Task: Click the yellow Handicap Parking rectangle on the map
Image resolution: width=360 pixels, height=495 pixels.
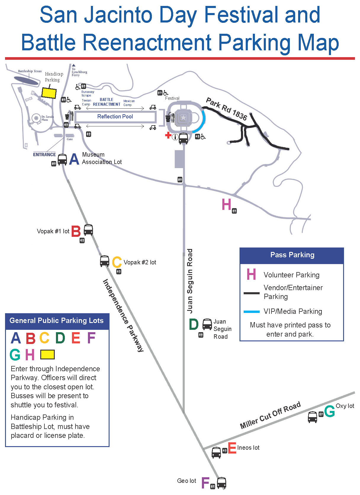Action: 49,93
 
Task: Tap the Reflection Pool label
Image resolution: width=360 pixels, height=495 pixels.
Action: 115,117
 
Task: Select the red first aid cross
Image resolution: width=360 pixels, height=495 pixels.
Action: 168,135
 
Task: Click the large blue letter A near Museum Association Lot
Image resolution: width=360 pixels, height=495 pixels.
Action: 74,159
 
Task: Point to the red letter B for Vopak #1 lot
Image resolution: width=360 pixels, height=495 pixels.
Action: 76,232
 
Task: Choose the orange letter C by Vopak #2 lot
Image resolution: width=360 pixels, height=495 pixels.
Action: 117,262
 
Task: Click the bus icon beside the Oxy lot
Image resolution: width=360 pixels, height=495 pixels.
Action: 312,417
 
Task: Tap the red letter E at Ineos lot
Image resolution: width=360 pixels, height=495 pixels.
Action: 232,448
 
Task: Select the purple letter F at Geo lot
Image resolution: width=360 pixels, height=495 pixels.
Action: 205,483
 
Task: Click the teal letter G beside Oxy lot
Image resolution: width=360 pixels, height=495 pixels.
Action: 330,411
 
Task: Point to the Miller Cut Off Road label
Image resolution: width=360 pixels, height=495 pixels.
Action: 270,415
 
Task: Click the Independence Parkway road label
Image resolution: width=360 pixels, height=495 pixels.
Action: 123,315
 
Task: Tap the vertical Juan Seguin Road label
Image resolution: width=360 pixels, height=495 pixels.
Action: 190,281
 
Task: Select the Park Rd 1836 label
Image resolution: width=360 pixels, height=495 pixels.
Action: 226,109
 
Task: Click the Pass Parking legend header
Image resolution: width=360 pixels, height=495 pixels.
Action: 292,255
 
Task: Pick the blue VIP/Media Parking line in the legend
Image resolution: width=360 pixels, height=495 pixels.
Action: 251,312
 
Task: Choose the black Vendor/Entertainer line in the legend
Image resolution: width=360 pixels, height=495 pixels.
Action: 251,293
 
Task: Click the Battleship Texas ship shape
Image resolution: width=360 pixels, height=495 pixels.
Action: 27,81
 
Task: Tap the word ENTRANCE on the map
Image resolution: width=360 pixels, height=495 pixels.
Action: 44,155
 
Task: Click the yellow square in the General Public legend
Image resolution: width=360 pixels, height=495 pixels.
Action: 47,354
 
